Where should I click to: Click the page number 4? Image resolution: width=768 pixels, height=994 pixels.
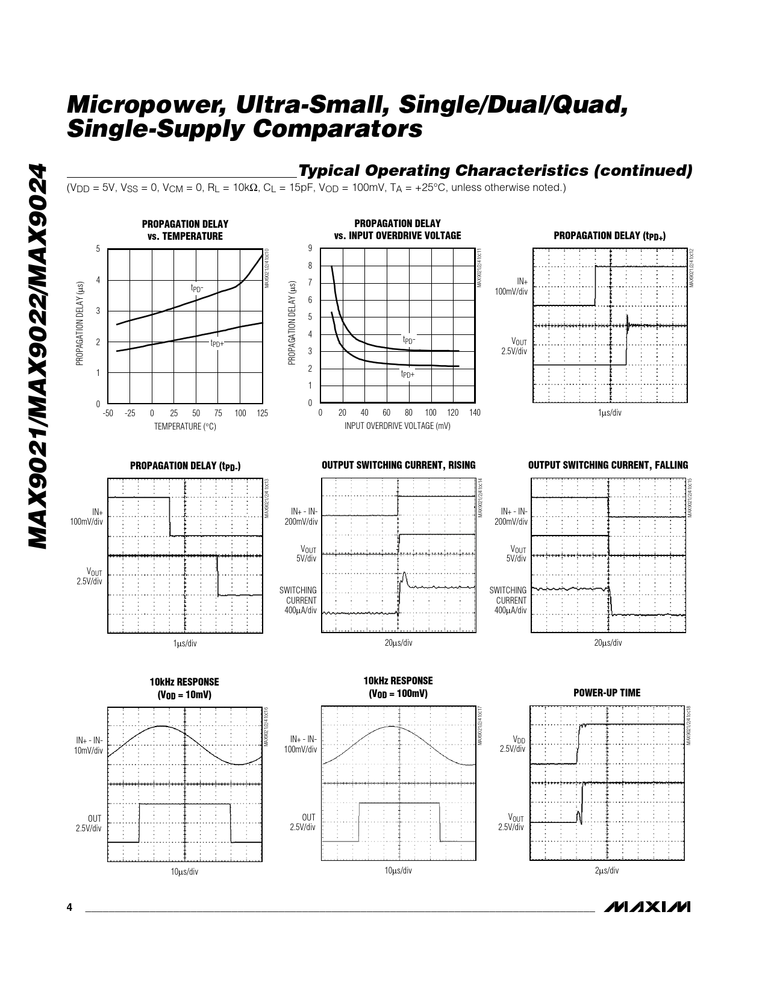coord(70,908)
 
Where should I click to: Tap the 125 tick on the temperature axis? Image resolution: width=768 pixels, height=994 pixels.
coord(262,413)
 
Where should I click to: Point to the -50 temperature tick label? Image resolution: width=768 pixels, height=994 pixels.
coord(108,413)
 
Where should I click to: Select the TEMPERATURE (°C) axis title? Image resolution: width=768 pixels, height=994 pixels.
coord(185,427)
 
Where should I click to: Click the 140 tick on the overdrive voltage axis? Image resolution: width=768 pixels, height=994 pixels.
coord(475,413)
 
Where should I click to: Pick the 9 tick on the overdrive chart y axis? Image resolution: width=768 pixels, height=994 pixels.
coord(310,248)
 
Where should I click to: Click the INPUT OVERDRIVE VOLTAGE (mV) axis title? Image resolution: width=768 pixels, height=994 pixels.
coord(397,426)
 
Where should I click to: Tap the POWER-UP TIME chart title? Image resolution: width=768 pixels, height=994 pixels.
coord(607,693)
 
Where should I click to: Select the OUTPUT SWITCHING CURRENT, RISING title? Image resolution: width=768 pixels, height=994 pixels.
coord(399,465)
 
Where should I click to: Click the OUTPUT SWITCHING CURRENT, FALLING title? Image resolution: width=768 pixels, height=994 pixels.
coord(608,465)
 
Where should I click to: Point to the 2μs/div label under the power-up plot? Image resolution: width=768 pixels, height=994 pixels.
coord(607,871)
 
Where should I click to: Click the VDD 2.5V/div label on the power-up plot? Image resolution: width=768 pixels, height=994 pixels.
coord(513,743)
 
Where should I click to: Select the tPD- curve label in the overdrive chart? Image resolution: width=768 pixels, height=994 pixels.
coord(409,340)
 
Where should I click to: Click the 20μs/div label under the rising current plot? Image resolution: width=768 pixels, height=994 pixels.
coord(398,643)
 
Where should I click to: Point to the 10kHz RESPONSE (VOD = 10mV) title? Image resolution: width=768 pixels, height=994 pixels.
coord(184,688)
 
